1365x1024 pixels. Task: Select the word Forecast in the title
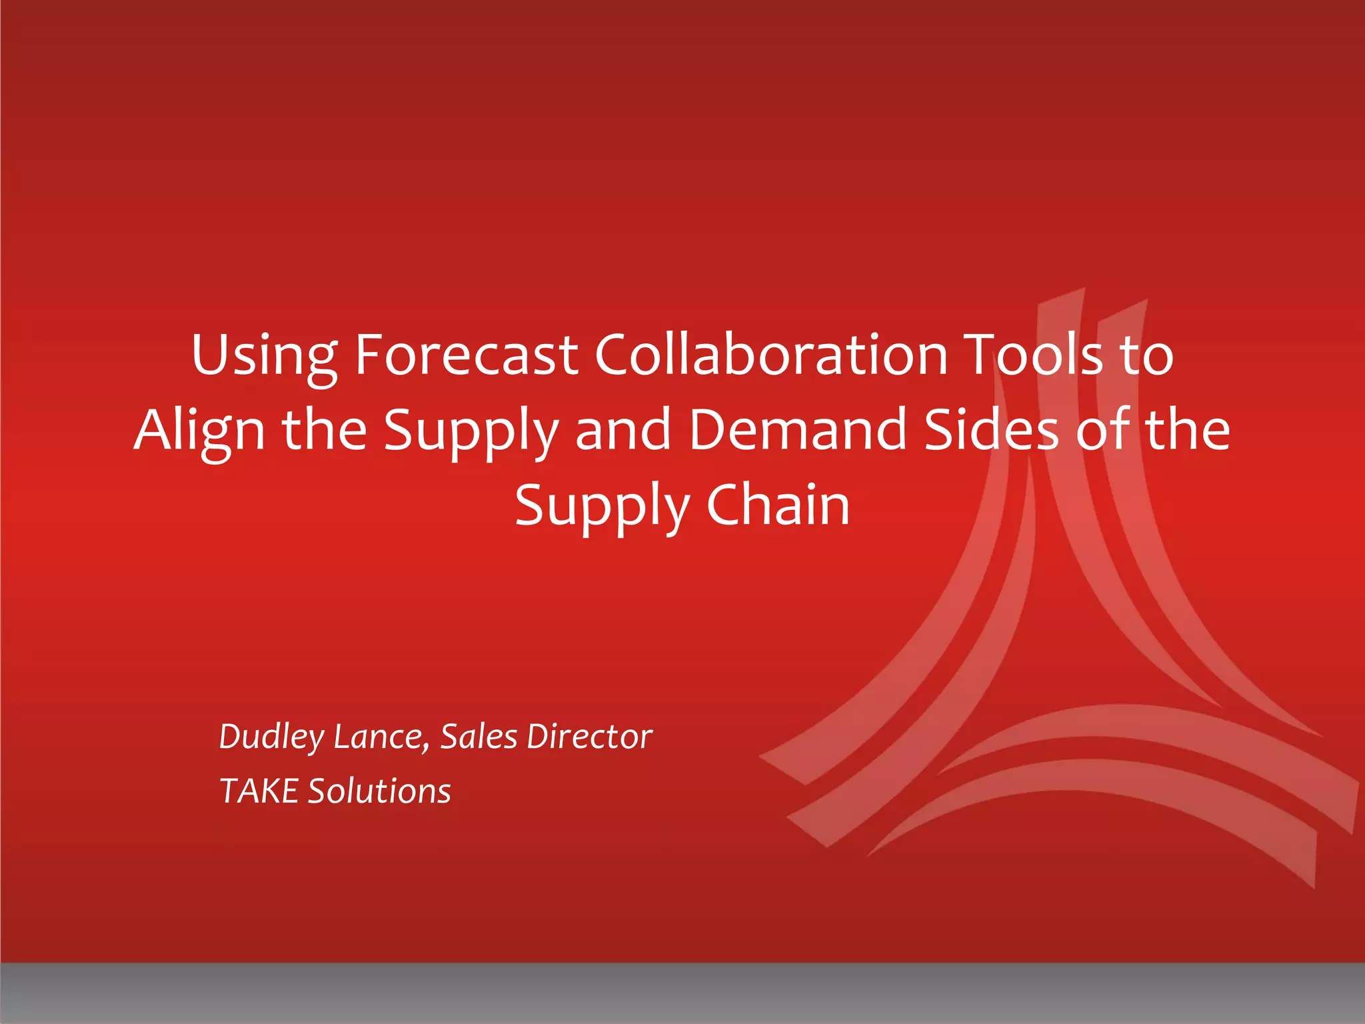coord(466,355)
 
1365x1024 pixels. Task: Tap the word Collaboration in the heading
coord(771,355)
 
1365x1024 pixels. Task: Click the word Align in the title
coord(199,431)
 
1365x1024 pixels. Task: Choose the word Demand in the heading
coord(798,431)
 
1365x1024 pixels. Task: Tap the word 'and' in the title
coord(623,431)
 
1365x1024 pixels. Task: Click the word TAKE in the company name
coord(259,792)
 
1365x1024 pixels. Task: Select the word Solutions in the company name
coord(379,792)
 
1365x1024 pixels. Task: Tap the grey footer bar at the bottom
coord(682,993)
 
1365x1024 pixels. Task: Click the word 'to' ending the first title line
coord(1146,355)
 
